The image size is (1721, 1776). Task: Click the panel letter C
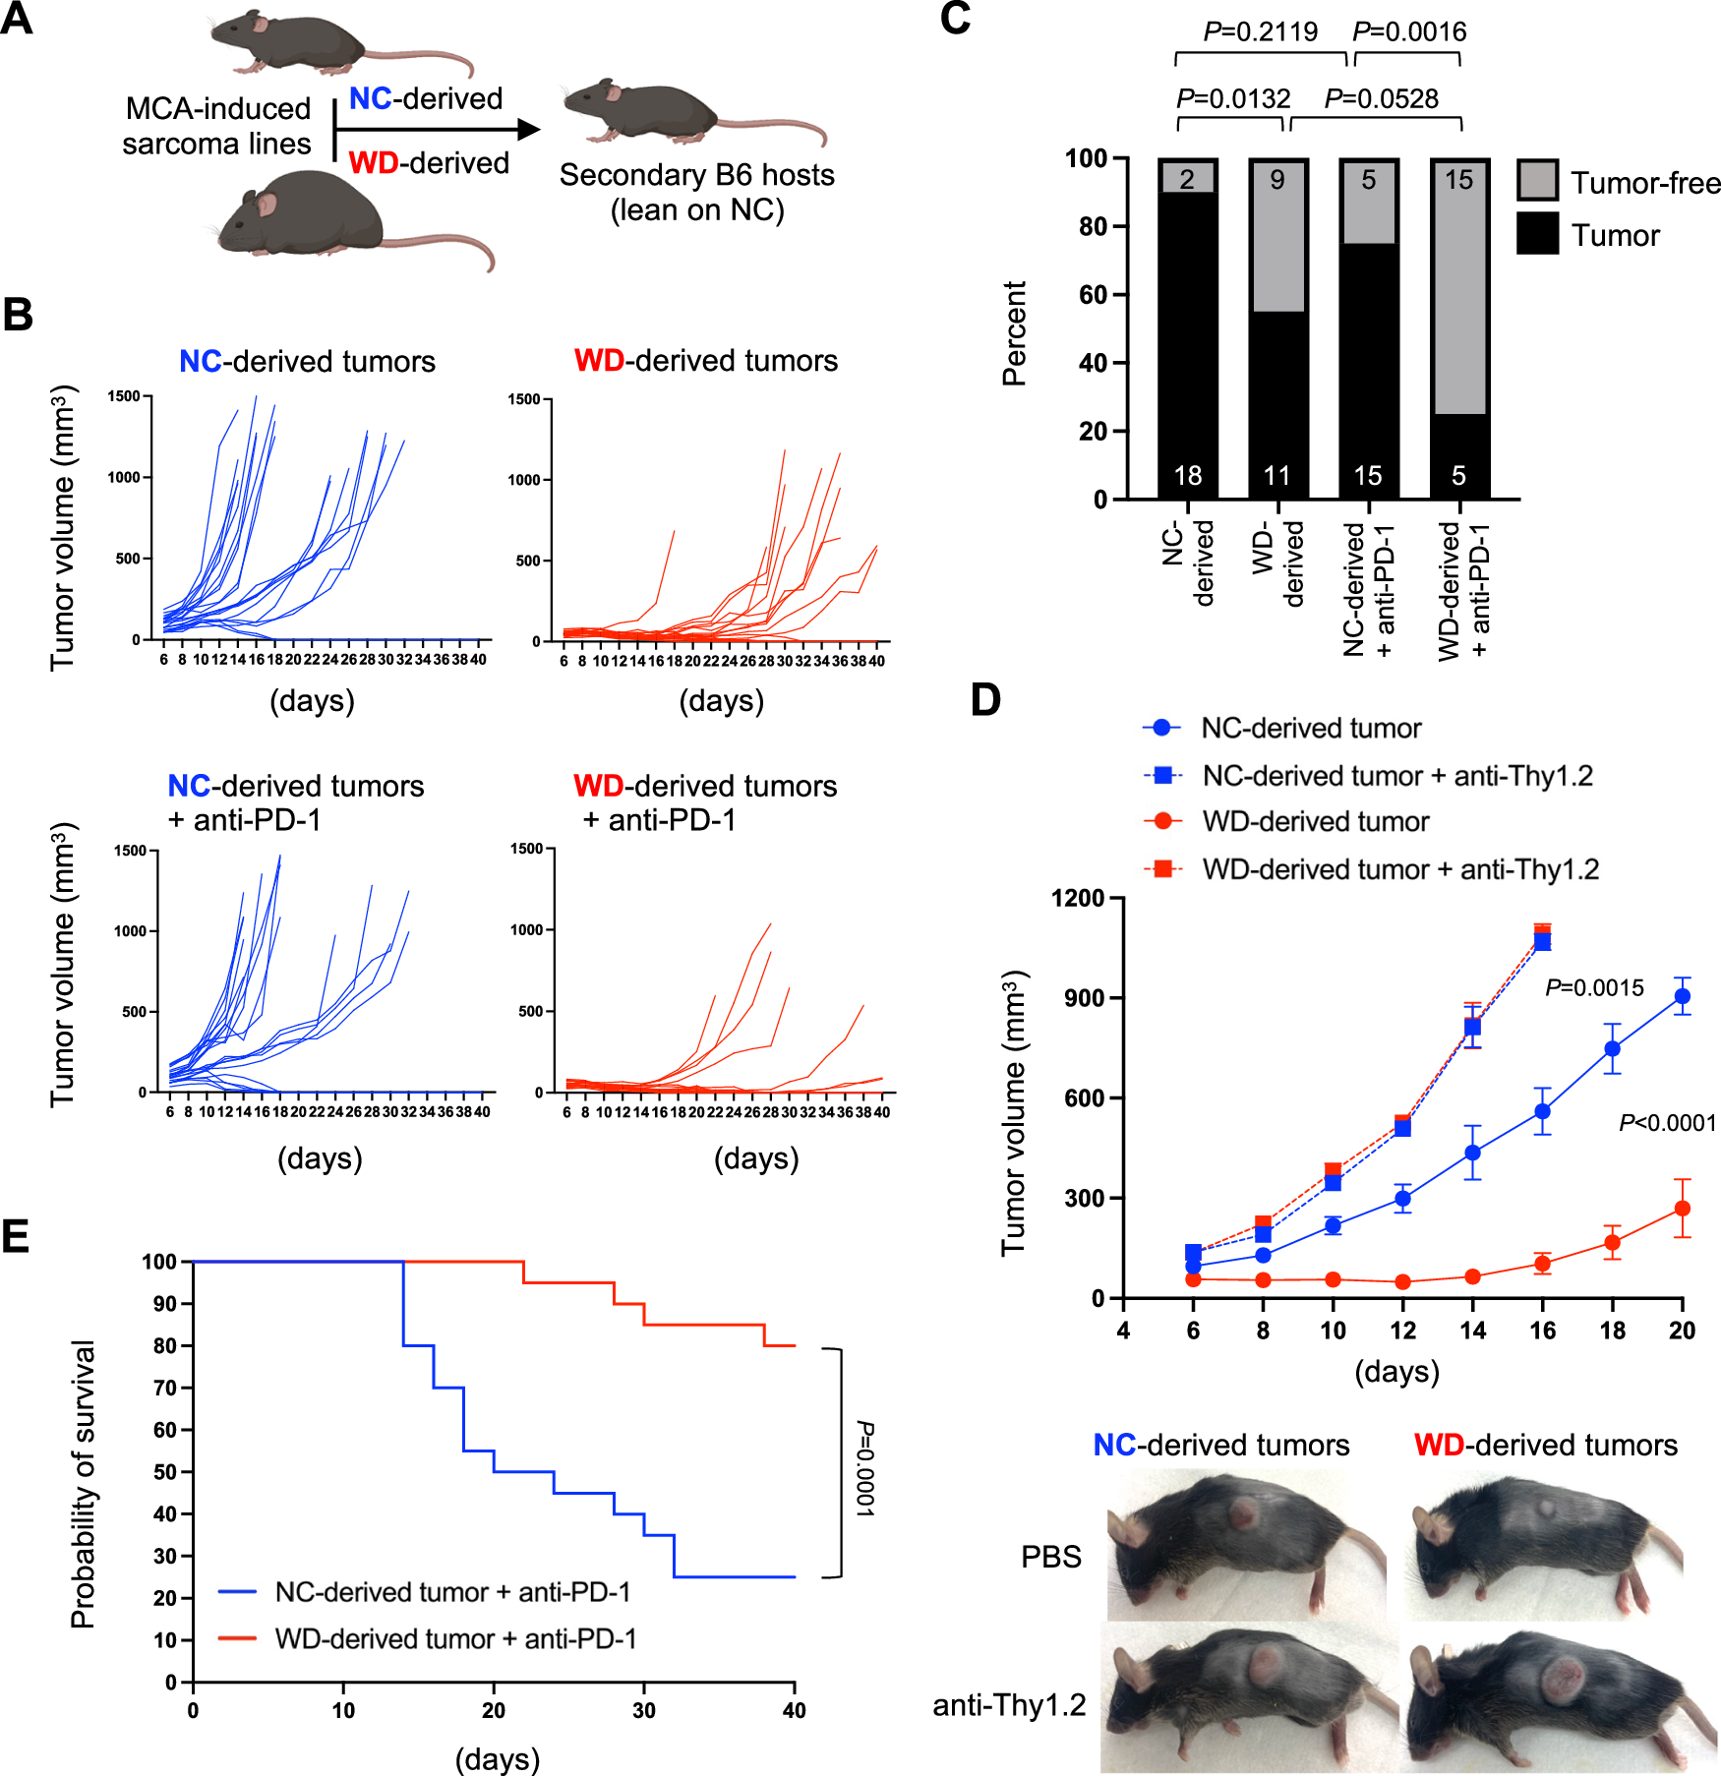click(x=955, y=19)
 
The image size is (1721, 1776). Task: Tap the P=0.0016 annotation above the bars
click(x=1408, y=31)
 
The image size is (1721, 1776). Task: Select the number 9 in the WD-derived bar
click(x=1276, y=180)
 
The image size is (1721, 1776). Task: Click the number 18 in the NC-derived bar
click(x=1187, y=476)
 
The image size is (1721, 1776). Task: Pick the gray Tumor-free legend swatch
click(x=1537, y=181)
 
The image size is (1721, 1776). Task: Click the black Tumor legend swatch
click(x=1537, y=234)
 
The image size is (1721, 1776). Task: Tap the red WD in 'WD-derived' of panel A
click(x=373, y=162)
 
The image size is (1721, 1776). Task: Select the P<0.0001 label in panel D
click(x=1667, y=1122)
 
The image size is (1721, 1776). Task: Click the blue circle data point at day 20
click(x=1682, y=996)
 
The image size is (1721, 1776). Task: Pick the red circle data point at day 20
click(x=1682, y=1209)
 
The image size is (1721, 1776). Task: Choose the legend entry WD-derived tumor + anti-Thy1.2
click(x=1399, y=869)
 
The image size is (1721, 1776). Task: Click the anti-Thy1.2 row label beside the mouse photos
click(x=1008, y=1704)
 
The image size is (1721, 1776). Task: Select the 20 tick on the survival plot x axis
click(x=494, y=1709)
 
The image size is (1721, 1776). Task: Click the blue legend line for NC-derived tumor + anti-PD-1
click(x=237, y=1591)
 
